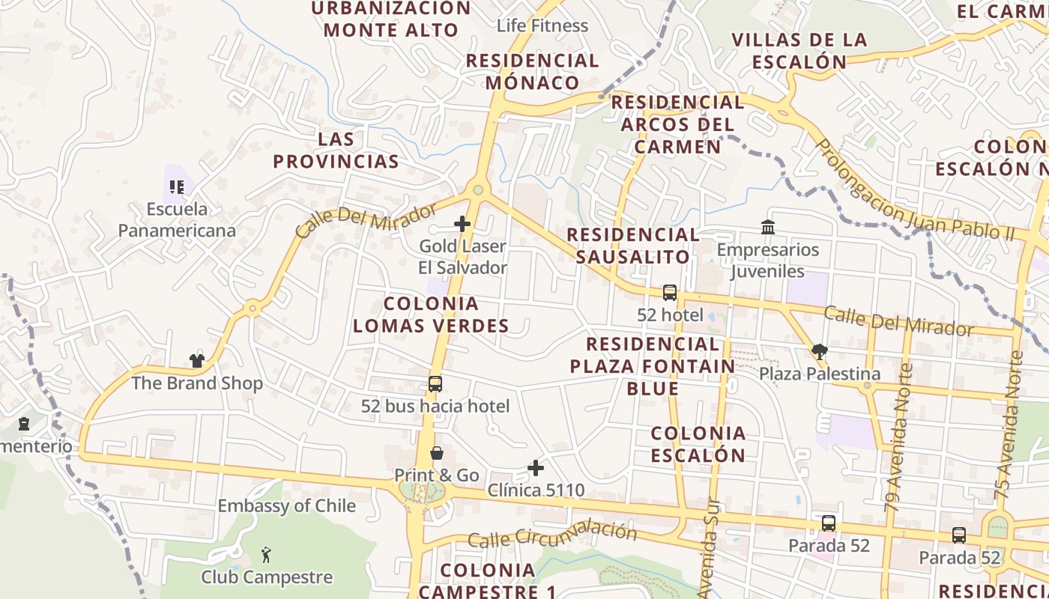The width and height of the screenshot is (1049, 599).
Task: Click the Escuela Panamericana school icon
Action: [177, 186]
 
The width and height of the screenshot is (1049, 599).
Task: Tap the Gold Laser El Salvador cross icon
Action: [462, 223]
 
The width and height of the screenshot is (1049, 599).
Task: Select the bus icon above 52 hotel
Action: [669, 293]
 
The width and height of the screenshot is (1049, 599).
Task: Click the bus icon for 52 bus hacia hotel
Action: [435, 384]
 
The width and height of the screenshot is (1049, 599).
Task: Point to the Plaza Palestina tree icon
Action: [819, 352]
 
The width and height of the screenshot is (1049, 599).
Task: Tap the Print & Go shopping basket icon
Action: [436, 453]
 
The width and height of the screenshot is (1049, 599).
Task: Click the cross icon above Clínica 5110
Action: [536, 469]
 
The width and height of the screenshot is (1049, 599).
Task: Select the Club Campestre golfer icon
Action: [266, 555]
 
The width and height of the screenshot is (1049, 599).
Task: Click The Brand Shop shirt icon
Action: [197, 361]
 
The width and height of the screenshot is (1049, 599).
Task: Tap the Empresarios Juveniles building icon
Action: [767, 227]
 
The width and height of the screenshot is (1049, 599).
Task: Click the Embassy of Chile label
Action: [287, 506]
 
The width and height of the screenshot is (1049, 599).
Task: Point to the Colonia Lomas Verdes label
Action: [431, 314]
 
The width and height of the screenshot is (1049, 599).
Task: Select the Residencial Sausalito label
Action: [632, 246]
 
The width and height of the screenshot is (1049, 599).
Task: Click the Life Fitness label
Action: [542, 25]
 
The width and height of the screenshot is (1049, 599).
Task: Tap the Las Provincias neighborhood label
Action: [336, 150]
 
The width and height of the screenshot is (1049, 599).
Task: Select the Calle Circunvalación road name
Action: [552, 534]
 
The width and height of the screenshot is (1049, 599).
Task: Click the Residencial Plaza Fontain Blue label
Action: [651, 366]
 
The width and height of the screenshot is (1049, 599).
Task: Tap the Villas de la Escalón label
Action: [799, 50]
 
